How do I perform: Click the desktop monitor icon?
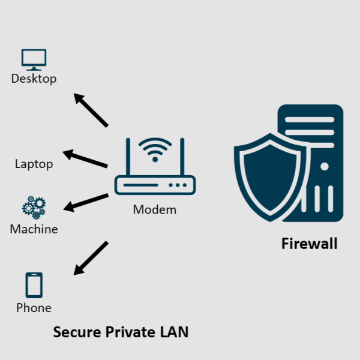[x=34, y=59]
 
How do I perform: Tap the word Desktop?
[x=34, y=79]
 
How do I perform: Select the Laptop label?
[x=34, y=164]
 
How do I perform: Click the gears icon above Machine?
[x=34, y=207]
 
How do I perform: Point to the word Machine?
[x=34, y=229]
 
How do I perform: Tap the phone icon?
[x=34, y=285]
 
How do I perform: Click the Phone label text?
[x=34, y=308]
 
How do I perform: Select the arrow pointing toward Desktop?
[x=91, y=110]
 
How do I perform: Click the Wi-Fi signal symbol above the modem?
[x=155, y=149]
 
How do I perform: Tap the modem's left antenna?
[x=128, y=157]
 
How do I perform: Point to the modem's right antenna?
[x=181, y=157]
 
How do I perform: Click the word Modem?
[x=155, y=209]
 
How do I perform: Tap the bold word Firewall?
[x=309, y=244]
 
